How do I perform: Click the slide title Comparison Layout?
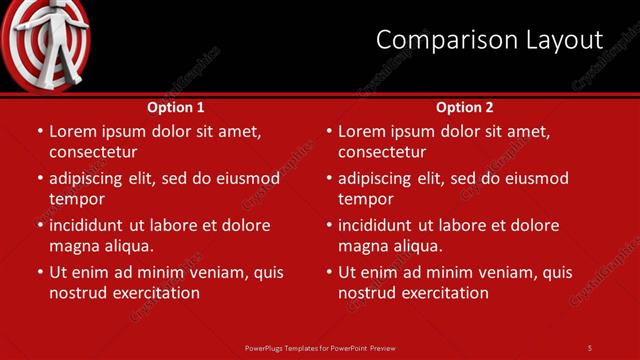489,40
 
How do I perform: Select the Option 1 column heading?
176,107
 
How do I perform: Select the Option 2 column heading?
465,107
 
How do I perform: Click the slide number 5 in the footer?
589,347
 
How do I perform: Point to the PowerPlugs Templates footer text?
320,347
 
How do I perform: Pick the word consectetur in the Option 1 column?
93,152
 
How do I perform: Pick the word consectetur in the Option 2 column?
382,152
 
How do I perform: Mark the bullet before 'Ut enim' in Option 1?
40,272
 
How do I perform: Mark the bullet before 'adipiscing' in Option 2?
329,178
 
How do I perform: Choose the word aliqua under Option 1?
126,246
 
